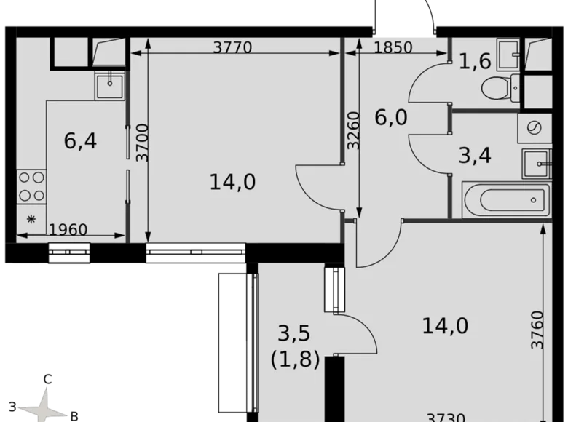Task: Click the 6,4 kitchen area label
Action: (80, 140)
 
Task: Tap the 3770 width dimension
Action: (232, 48)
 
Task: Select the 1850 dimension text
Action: (393, 48)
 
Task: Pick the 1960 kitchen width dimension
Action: (68, 230)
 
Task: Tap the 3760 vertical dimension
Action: (537, 330)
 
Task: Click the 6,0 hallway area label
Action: (392, 117)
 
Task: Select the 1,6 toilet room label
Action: (475, 63)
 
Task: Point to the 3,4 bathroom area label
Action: (474, 155)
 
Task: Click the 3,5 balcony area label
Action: (294, 334)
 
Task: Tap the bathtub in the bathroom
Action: (505, 199)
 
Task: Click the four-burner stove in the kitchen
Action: (31, 186)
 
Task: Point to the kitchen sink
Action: (110, 85)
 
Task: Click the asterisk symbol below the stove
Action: (31, 219)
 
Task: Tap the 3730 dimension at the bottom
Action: (447, 417)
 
